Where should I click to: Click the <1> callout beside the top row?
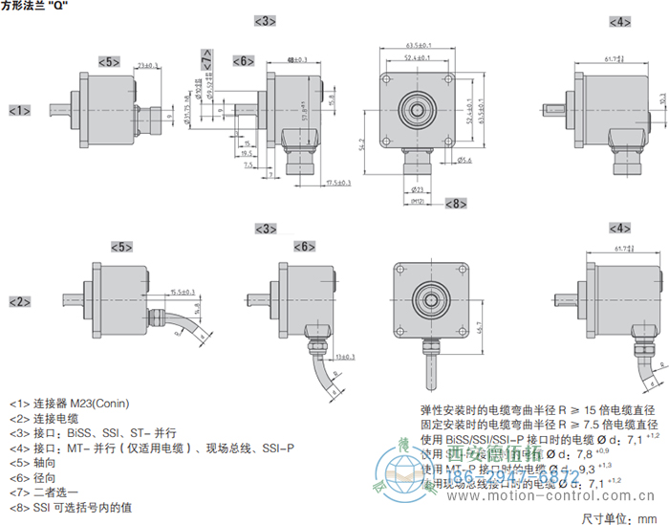coord(20,111)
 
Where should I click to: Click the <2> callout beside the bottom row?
coord(20,301)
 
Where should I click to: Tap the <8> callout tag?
coord(456,204)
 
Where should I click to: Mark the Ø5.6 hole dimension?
coord(464,160)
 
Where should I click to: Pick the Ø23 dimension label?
coord(417,190)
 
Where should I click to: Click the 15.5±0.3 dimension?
coord(182,291)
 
